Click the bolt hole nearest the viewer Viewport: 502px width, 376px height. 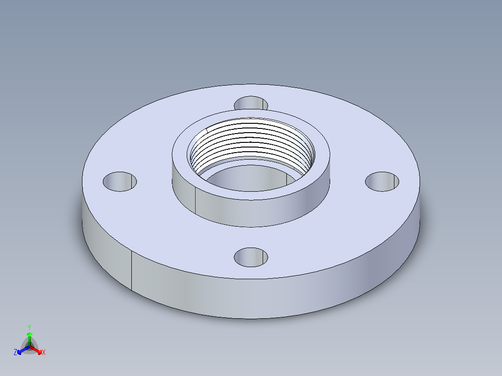coord(251,257)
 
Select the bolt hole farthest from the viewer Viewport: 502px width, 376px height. coord(251,103)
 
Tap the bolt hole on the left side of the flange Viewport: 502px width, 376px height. coord(120,181)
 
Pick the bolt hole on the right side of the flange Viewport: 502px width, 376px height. coord(382,181)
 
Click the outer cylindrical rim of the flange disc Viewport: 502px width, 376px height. coord(251,298)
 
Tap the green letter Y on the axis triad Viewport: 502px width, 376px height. coord(29,327)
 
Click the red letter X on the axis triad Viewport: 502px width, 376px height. coord(44,353)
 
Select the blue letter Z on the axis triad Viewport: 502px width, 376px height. coord(15,353)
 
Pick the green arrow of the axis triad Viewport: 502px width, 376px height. coord(29,337)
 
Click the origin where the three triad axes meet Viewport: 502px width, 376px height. coord(29,347)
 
